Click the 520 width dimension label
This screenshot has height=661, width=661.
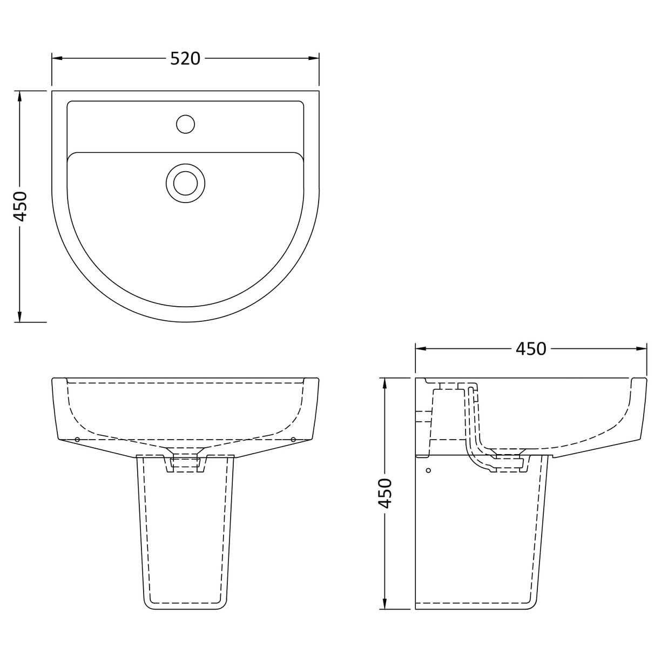[185, 58]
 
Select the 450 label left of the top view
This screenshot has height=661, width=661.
[20, 206]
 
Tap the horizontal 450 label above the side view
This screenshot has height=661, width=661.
[530, 349]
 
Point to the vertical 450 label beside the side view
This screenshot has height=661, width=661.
[384, 493]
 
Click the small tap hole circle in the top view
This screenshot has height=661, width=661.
[185, 124]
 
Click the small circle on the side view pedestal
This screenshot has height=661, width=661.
[429, 471]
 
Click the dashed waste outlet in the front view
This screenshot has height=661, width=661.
[185, 462]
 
